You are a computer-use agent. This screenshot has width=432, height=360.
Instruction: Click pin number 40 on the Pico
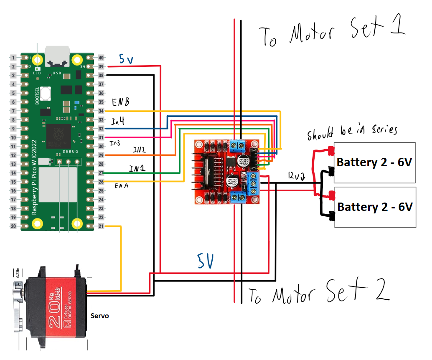pos(101,58)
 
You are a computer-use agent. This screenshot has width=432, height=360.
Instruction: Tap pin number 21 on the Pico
pos(101,226)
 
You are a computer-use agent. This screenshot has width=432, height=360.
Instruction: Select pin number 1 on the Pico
pos(13,58)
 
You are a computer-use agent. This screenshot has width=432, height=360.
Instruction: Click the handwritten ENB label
pos(120,102)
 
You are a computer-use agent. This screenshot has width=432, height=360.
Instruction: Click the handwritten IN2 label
pos(140,150)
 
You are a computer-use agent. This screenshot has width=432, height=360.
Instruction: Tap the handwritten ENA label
pos(121,186)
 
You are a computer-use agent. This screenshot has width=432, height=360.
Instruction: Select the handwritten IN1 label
pos(137,169)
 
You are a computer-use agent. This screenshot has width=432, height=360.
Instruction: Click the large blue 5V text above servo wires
pos(206,261)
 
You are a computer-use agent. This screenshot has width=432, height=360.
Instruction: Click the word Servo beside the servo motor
pos(100,316)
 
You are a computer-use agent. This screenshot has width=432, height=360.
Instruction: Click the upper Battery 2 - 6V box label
pos(374,162)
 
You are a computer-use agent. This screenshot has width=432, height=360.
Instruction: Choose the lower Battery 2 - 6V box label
pos(375,207)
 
